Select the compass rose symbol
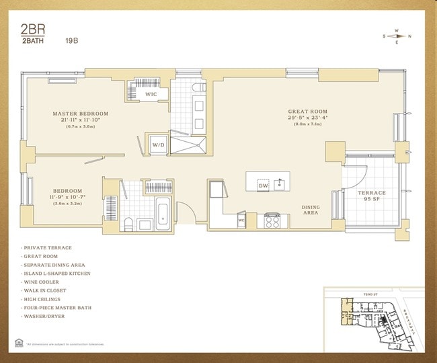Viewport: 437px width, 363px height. pos(397,36)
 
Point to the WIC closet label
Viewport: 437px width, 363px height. pos(152,95)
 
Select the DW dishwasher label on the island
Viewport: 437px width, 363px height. pos(264,185)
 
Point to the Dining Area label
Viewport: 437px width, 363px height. pos(310,210)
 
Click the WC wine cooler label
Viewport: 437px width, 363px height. pos(241,220)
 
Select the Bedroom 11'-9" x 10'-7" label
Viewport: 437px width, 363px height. pos(68,196)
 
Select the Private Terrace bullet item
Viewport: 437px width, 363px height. pos(46,248)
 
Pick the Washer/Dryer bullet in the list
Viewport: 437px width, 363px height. pos(44,317)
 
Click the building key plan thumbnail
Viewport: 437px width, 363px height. pos(372,320)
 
